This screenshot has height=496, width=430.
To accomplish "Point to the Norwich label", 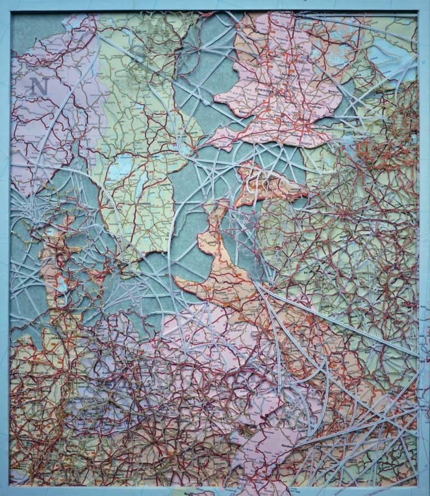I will point(334,91).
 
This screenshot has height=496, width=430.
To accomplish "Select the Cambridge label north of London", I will point(315,107).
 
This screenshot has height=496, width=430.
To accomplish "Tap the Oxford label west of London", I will point(278,115).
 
